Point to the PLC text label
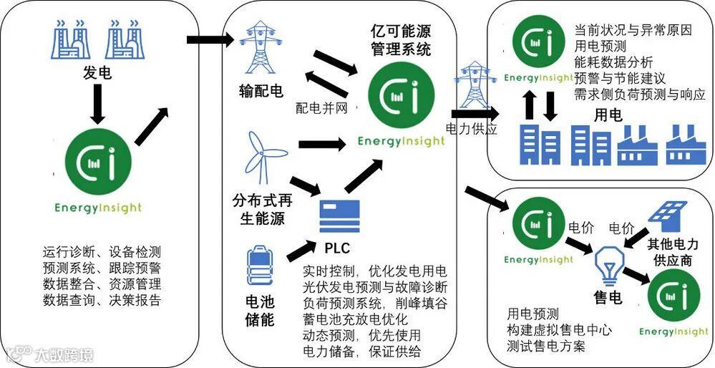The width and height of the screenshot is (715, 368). coord(339,248)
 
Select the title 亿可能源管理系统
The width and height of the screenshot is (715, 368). coord(400,40)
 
